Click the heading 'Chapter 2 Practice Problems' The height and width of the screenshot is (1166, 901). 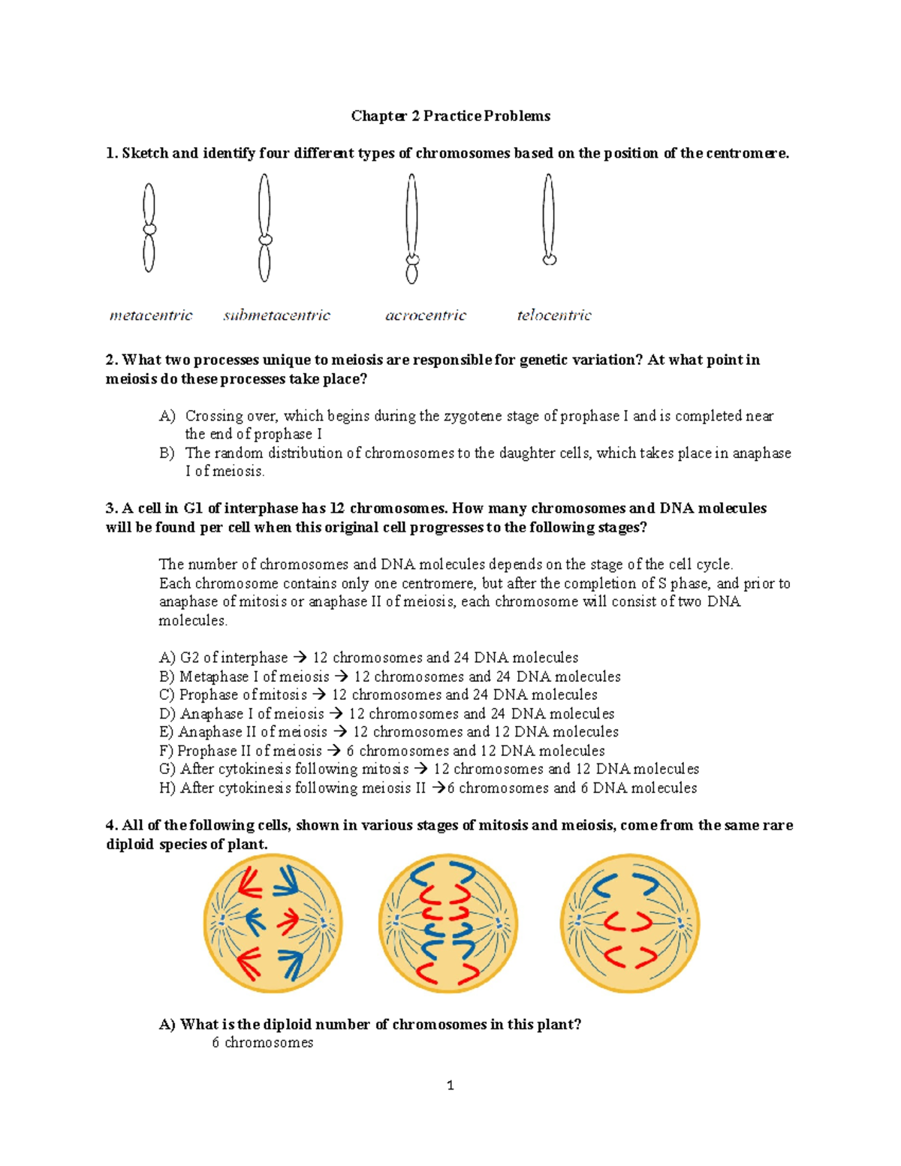coord(450,116)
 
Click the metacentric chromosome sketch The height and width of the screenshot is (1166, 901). coord(149,228)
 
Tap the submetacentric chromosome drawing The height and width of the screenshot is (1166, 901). coord(264,228)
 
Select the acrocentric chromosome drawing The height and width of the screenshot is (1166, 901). coord(411,229)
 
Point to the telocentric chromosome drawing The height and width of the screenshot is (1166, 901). coord(549,219)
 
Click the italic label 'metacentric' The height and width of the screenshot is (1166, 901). coord(151,315)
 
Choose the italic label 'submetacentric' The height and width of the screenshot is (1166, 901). coord(276,315)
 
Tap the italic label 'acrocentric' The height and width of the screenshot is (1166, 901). coord(426,315)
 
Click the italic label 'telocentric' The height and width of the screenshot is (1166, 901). coord(554,315)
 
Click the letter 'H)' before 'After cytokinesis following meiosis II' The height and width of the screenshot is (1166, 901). coord(167,788)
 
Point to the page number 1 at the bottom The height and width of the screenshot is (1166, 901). coord(450,1086)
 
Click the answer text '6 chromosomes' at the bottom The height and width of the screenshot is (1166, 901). coord(262,1043)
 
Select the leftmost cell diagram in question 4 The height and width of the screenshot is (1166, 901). coord(273,923)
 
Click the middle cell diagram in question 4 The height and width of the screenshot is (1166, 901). coord(448,923)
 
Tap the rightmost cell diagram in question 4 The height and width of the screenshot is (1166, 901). coord(629,923)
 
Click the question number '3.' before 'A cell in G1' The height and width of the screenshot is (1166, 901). coord(112,508)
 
